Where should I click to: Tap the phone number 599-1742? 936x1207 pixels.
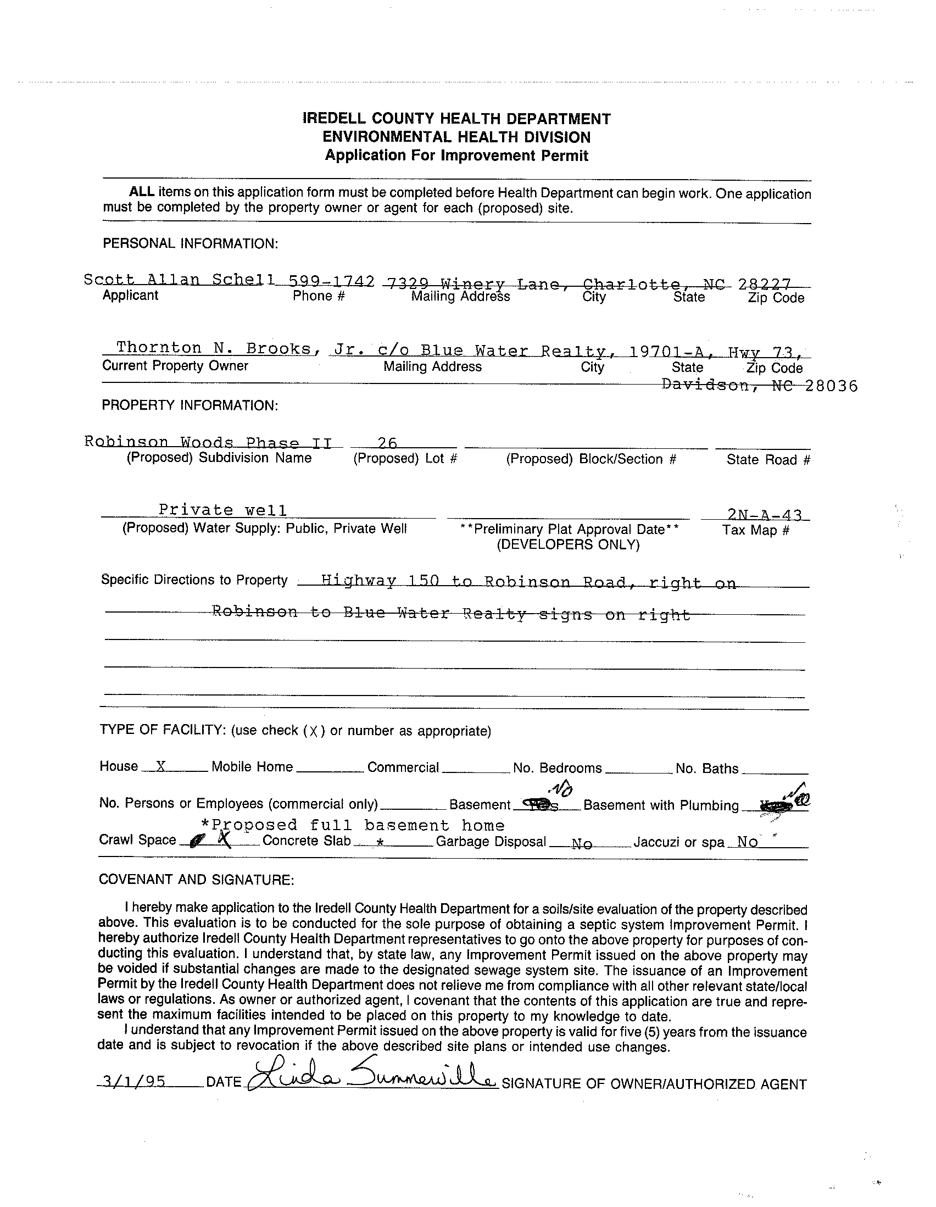pyautogui.click(x=331, y=281)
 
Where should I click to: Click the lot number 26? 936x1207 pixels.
pyautogui.click(x=387, y=443)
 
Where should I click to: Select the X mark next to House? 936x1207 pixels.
pyautogui.click(x=161, y=766)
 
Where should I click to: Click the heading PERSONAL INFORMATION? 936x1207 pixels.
pyautogui.click(x=190, y=244)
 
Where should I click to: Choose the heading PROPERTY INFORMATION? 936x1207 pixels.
pyautogui.click(x=190, y=405)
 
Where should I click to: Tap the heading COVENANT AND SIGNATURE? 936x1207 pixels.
pyautogui.click(x=196, y=879)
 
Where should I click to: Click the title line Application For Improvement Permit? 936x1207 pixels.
pyautogui.click(x=456, y=156)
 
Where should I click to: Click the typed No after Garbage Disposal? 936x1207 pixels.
pyautogui.click(x=582, y=844)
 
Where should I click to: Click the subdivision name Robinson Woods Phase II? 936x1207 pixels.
pyautogui.click(x=208, y=442)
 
